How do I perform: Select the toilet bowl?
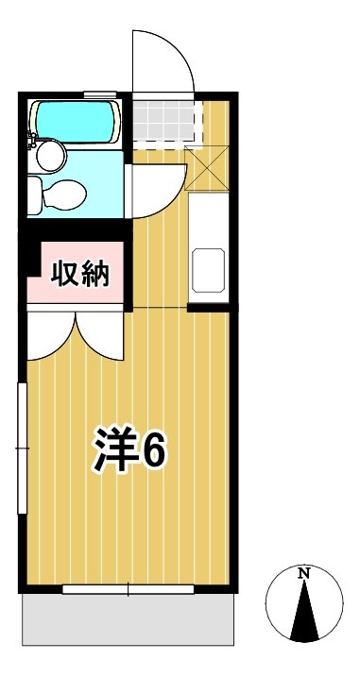(x=59, y=195)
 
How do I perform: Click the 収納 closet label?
(x=81, y=275)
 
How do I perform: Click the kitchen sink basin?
(x=208, y=270)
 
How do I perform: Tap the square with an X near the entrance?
(x=207, y=168)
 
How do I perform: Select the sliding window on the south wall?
(x=128, y=590)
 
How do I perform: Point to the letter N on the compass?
(x=303, y=573)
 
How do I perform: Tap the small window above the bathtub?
(x=99, y=93)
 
